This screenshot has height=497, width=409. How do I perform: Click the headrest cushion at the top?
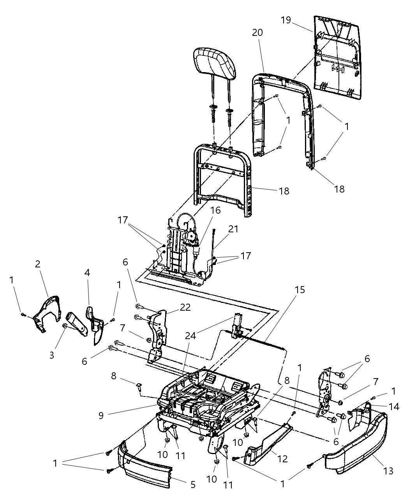pos(216,63)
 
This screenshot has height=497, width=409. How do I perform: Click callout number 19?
pos(286,20)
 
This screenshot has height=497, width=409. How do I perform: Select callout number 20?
pos(257,33)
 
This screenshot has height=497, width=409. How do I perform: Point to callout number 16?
pos(215,210)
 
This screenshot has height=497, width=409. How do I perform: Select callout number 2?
pos(38,264)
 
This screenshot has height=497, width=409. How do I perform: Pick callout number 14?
pos(394,406)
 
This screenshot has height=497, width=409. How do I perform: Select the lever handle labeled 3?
pos(77,324)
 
